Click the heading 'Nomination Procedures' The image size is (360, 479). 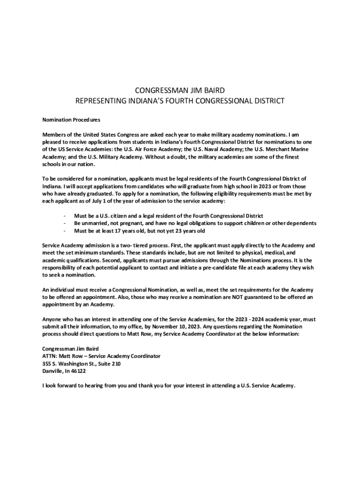(x=71, y=120)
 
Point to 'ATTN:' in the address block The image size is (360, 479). (x=50, y=356)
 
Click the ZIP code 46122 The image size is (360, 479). (x=78, y=371)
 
